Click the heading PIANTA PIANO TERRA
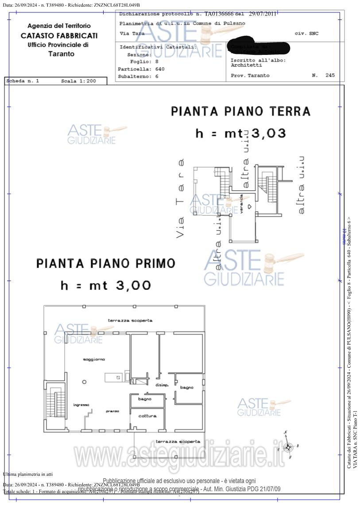(x=240, y=111)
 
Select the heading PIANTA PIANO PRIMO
(x=105, y=264)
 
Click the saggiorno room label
(x=93, y=359)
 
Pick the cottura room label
(x=147, y=416)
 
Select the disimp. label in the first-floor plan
(x=162, y=385)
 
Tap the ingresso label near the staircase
(x=81, y=405)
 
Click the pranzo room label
(x=112, y=411)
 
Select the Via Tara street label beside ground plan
(x=180, y=199)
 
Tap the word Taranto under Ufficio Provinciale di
(x=61, y=54)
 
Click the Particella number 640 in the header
(x=160, y=69)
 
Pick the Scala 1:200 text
(x=78, y=81)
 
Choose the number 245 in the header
(x=330, y=75)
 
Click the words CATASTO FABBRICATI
(x=59, y=36)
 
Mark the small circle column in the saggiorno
(x=84, y=382)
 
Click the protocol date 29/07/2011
(x=263, y=14)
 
